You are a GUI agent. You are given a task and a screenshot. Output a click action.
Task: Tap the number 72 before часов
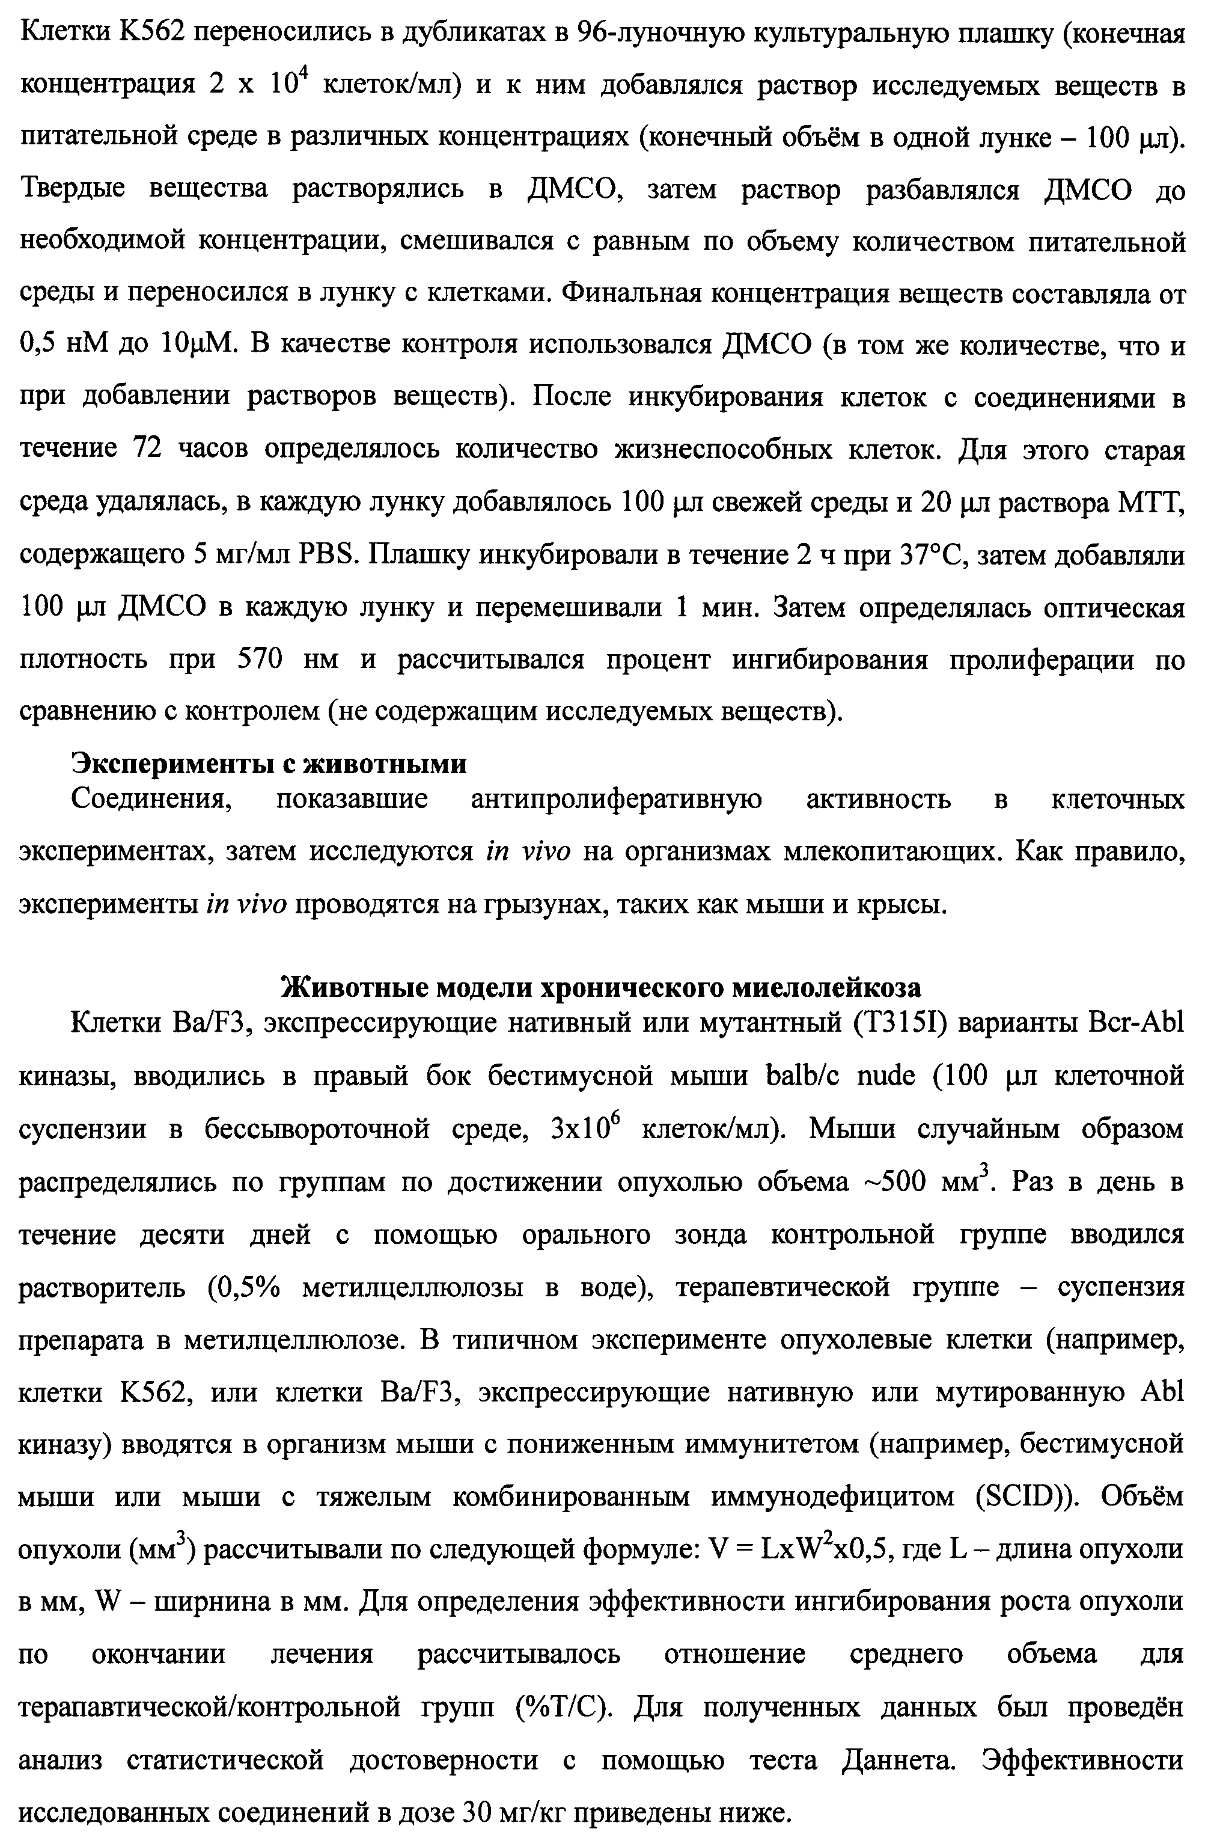[x=147, y=449]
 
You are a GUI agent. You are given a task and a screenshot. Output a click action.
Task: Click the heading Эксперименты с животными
[x=269, y=764]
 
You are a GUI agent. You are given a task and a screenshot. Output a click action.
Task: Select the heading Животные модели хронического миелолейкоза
[x=601, y=988]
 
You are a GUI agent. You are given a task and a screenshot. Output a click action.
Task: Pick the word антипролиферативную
[x=617, y=799]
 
